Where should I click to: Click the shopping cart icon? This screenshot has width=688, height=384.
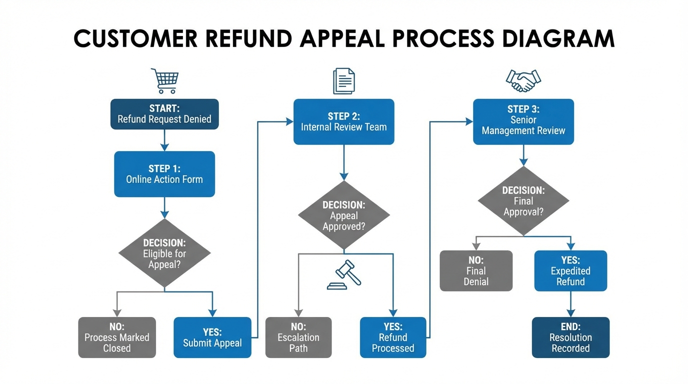pyautogui.click(x=164, y=81)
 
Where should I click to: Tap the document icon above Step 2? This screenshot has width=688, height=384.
pyautogui.click(x=344, y=81)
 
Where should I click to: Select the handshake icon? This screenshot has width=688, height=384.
pyautogui.click(x=523, y=80)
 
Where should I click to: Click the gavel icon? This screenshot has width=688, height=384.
pyautogui.click(x=344, y=275)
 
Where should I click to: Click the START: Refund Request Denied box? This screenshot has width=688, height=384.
pyautogui.click(x=164, y=114)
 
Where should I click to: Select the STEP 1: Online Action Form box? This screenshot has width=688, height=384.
pyautogui.click(x=164, y=174)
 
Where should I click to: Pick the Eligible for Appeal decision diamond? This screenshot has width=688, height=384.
pyautogui.click(x=164, y=253)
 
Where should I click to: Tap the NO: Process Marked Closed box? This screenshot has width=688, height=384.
pyautogui.click(x=117, y=337)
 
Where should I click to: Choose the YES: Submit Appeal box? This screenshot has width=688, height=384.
pyautogui.click(x=212, y=337)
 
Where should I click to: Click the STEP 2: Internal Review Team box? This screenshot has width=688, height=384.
pyautogui.click(x=344, y=122)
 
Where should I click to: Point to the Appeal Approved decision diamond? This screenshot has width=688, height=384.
pyautogui.click(x=344, y=215)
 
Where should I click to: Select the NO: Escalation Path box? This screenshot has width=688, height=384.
pyautogui.click(x=298, y=337)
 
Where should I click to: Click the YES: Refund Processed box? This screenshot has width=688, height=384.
pyautogui.click(x=393, y=337)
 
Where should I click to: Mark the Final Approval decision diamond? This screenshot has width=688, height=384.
pyautogui.click(x=523, y=201)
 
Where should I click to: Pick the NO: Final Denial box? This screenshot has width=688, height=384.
pyautogui.click(x=476, y=271)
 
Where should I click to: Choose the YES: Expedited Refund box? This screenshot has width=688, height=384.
pyautogui.click(x=570, y=271)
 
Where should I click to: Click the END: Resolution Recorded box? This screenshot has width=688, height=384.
pyautogui.click(x=570, y=337)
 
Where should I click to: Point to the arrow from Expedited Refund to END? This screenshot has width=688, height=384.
pyautogui.click(x=570, y=304)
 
